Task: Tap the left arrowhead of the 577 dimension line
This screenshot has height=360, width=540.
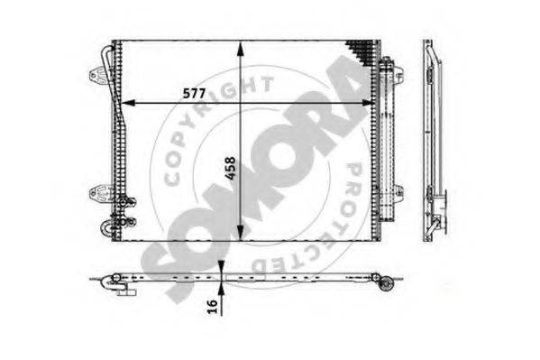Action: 125,102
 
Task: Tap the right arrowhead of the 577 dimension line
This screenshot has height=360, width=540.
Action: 370,102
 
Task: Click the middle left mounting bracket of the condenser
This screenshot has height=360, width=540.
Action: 100,190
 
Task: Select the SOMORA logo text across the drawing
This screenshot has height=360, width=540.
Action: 261,162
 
